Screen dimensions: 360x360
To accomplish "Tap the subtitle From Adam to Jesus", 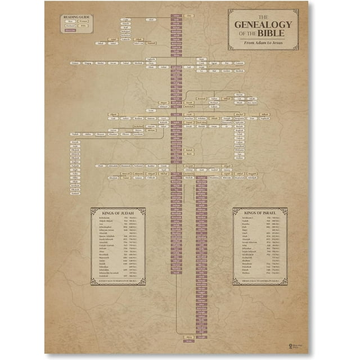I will (x=263, y=43).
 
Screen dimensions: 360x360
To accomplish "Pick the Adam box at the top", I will (x=177, y=15).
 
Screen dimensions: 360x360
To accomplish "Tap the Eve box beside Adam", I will (x=189, y=15).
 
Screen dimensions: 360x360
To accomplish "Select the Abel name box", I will (x=151, y=19).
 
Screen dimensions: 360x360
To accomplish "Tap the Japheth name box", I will (x=151, y=59).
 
